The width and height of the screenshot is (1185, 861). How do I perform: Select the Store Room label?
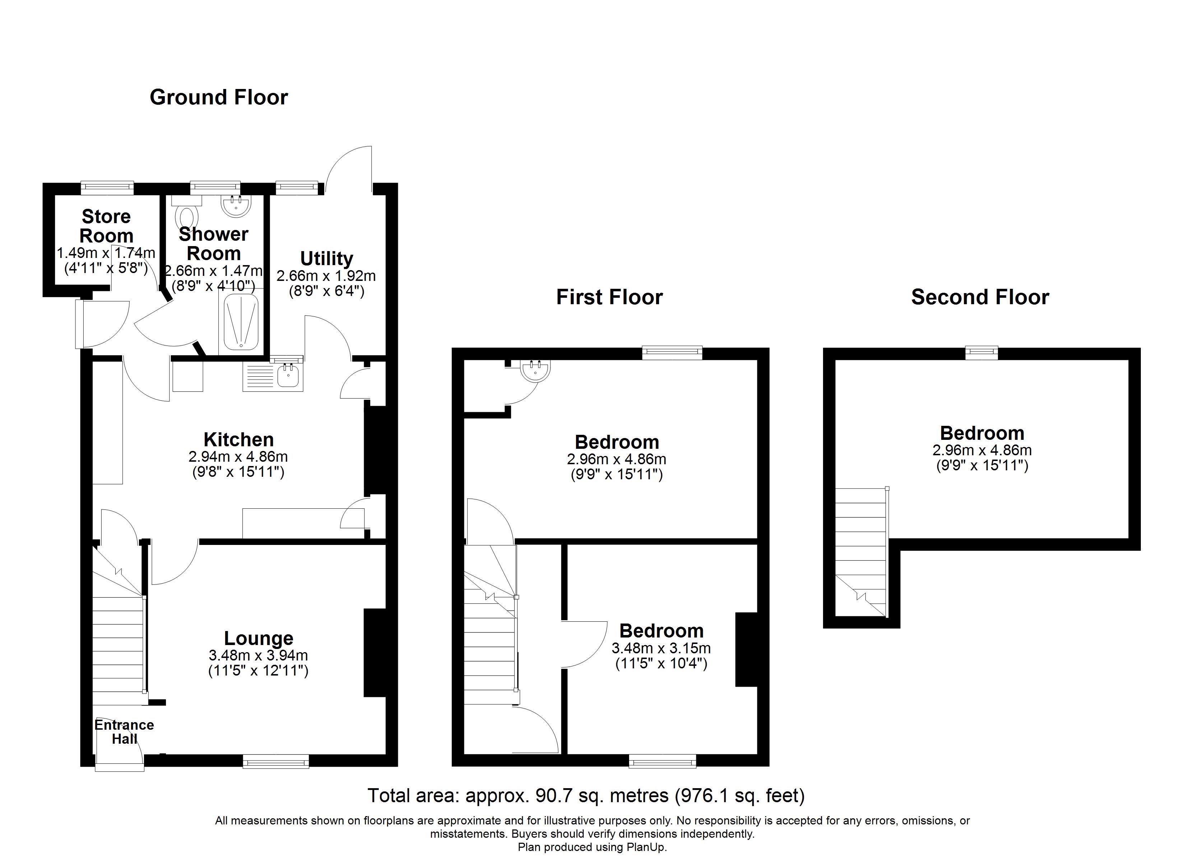(x=106, y=226)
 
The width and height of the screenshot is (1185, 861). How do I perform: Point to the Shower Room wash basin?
(x=236, y=206)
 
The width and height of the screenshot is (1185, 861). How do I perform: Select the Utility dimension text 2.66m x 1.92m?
(x=326, y=276)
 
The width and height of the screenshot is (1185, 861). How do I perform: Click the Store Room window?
(x=107, y=187)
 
